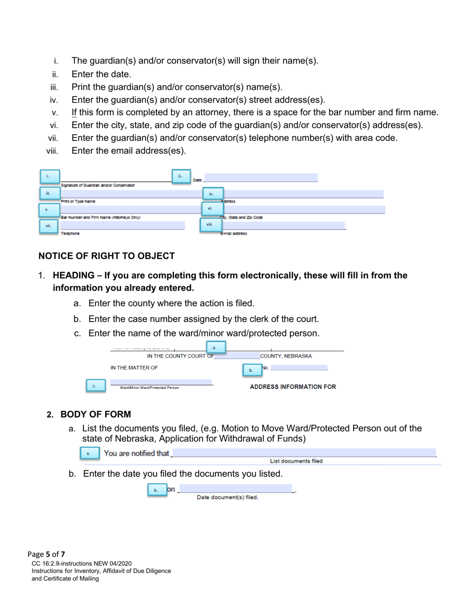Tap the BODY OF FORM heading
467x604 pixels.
[96, 414]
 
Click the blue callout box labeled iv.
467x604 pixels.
[212, 194]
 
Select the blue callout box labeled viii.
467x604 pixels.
[209, 224]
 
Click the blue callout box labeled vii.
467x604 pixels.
[49, 226]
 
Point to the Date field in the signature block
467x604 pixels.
[261, 178]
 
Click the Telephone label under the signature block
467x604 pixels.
[69, 234]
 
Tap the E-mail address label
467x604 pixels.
[233, 234]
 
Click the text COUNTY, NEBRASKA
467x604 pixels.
[286, 356]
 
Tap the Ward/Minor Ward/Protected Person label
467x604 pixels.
[149, 388]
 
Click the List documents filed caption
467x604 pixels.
[296, 461]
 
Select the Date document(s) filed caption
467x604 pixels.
[228, 497]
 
